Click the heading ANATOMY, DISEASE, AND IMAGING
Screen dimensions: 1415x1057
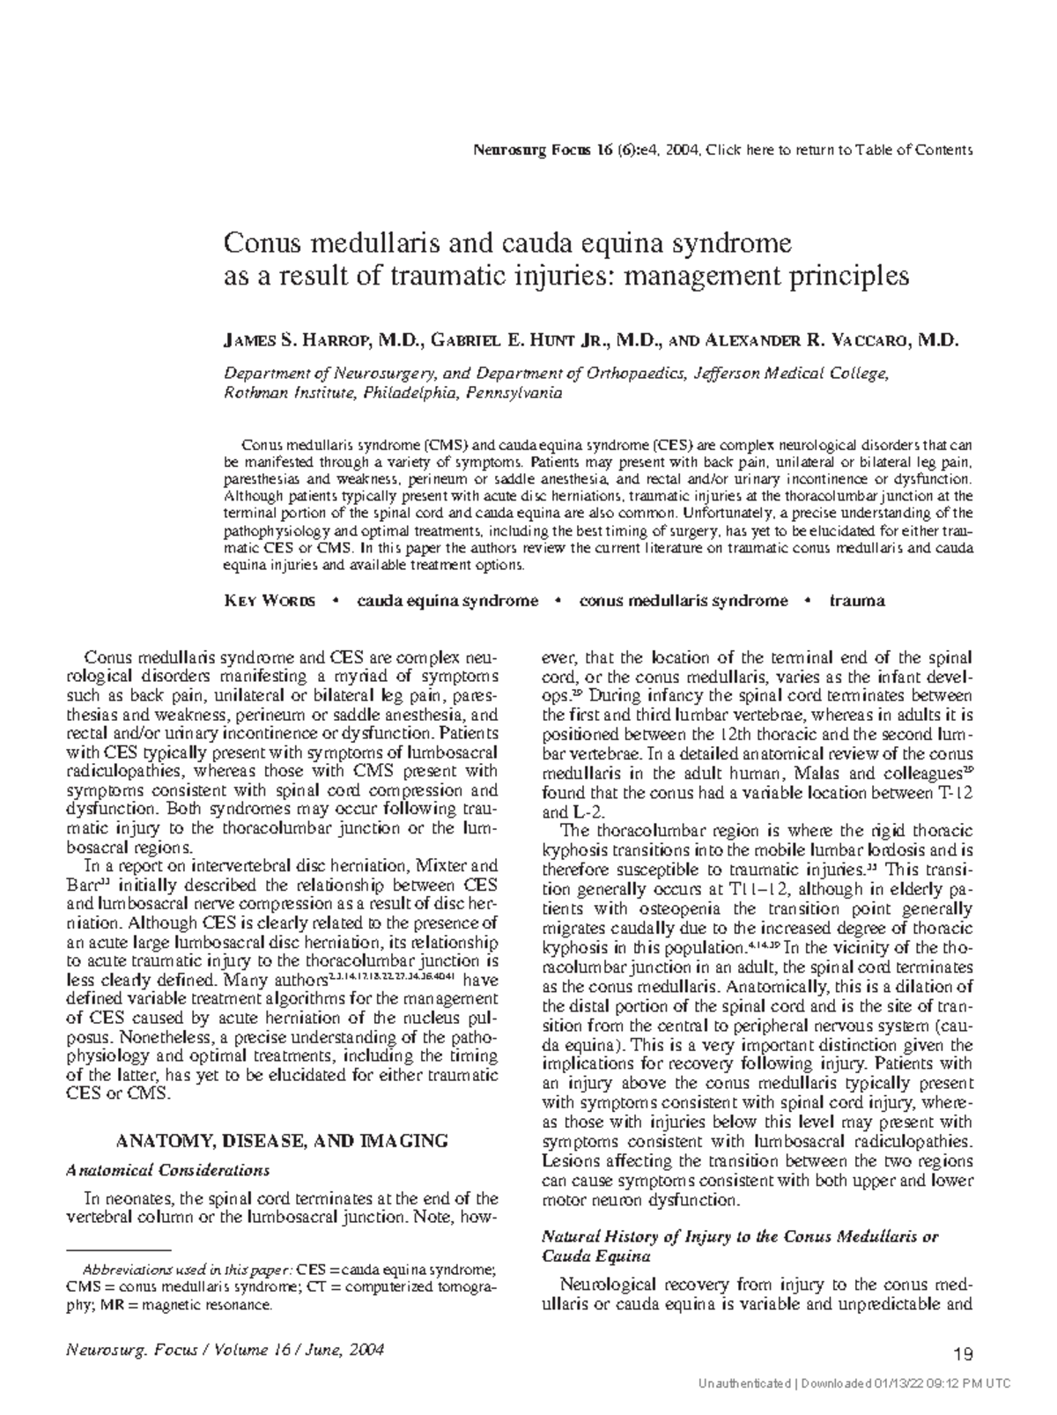pos(283,1141)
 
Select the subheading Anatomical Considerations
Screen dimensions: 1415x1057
pos(168,1170)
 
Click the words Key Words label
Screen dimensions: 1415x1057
pos(270,601)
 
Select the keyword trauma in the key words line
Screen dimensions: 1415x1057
pos(856,601)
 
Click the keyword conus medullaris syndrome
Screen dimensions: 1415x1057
pos(683,601)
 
